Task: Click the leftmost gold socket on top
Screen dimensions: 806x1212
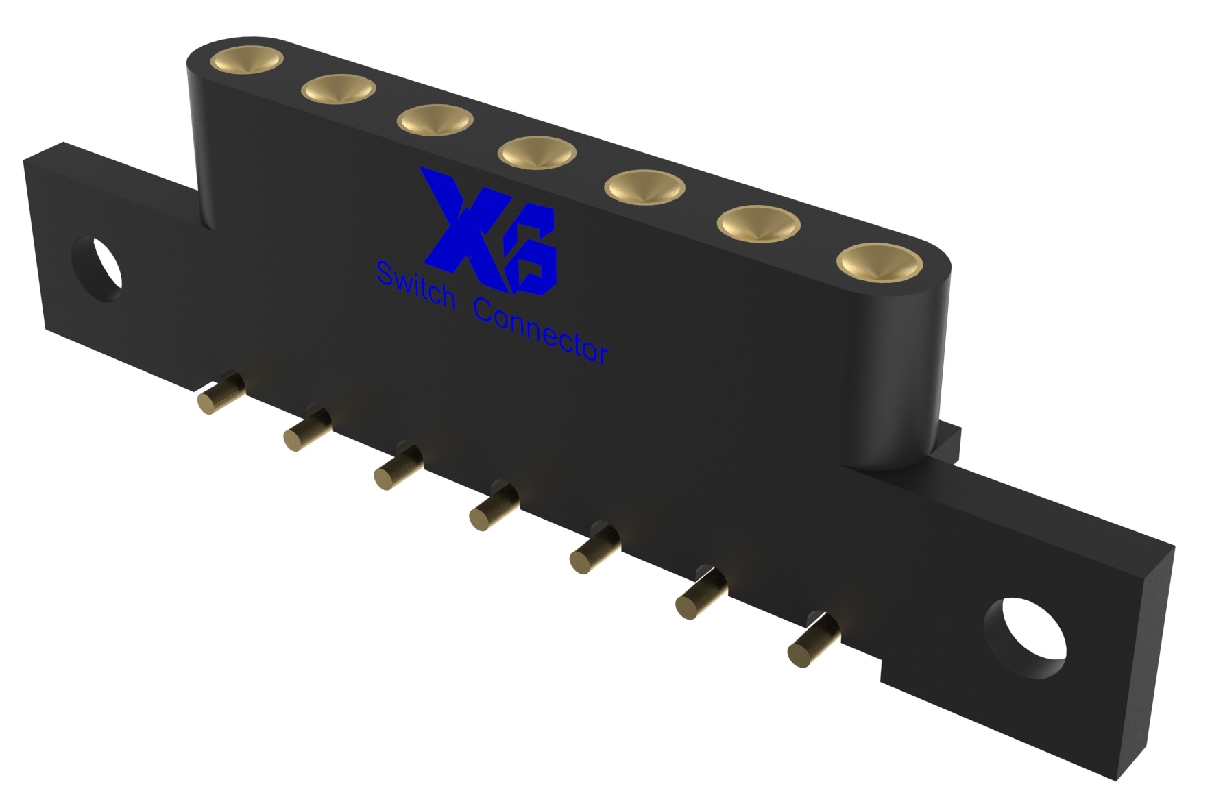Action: [247, 60]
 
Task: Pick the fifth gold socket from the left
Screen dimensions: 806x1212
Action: [644, 187]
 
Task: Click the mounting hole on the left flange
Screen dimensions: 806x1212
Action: [97, 269]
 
